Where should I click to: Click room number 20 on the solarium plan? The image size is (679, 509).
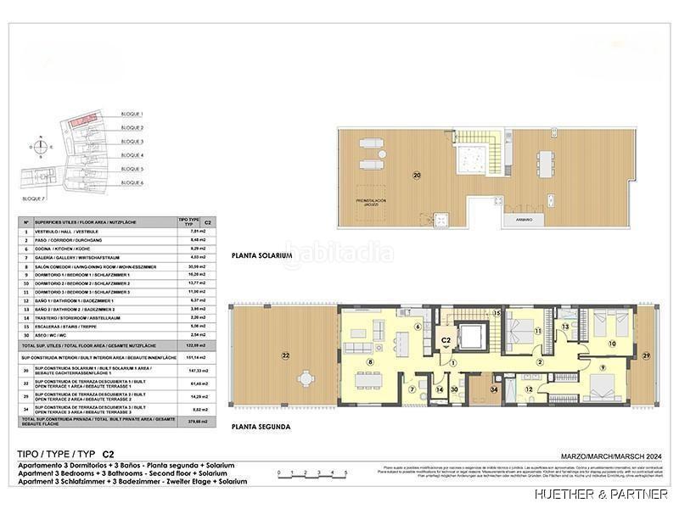(x=417, y=176)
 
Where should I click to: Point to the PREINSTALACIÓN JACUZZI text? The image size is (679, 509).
(x=371, y=202)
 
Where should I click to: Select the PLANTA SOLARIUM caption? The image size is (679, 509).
(x=261, y=255)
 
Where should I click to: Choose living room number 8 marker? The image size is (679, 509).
(x=369, y=361)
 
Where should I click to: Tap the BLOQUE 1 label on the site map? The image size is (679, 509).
(x=132, y=114)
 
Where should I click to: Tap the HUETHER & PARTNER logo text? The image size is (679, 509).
(x=601, y=494)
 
